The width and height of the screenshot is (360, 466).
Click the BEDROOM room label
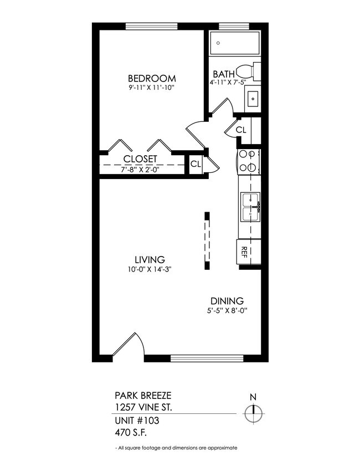(x=151, y=78)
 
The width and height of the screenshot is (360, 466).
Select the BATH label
(x=224, y=74)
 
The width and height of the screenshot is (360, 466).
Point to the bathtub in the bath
(x=235, y=42)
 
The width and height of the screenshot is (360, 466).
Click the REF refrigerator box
(x=244, y=253)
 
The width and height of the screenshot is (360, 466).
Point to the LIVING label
(x=150, y=259)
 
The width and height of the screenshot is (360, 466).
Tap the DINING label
(x=227, y=301)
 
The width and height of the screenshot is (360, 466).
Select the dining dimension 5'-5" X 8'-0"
(x=227, y=311)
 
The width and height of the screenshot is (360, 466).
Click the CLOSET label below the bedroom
(x=140, y=159)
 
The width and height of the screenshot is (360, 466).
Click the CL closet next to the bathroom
(x=240, y=130)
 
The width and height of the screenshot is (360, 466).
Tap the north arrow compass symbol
(x=254, y=412)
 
